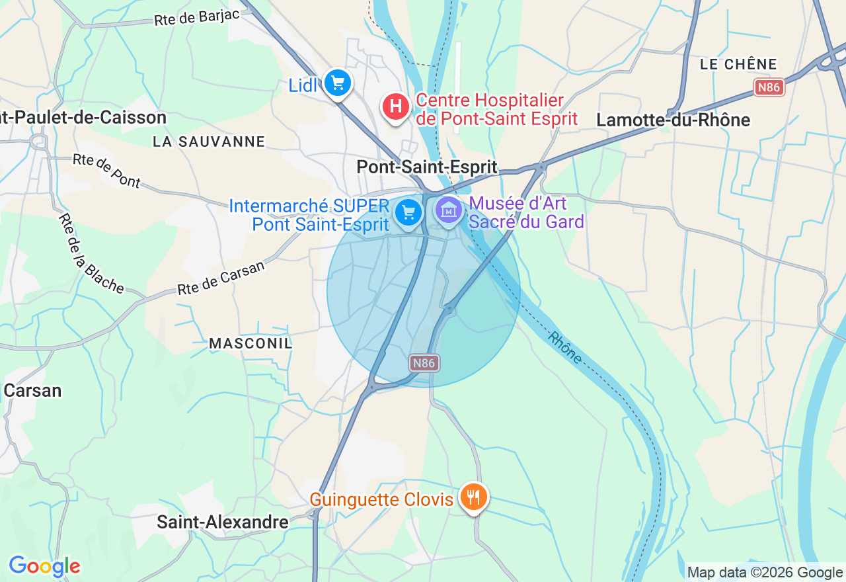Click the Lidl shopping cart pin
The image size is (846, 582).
pyautogui.click(x=338, y=83)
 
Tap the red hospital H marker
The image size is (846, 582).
pyautogui.click(x=395, y=106)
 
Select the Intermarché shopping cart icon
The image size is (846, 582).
pyautogui.click(x=408, y=212)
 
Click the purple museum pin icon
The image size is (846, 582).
pyautogui.click(x=449, y=210)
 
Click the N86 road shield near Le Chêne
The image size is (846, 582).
pyautogui.click(x=769, y=87)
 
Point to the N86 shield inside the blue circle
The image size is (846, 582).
pyautogui.click(x=424, y=362)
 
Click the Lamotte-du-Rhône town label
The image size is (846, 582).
pyautogui.click(x=673, y=120)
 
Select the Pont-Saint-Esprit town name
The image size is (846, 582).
pyautogui.click(x=426, y=167)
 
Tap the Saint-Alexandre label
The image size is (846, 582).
pyautogui.click(x=222, y=522)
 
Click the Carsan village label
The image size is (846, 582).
pyautogui.click(x=32, y=390)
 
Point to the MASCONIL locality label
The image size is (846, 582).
pyautogui.click(x=250, y=343)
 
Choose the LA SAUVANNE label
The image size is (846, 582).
pyautogui.click(x=209, y=142)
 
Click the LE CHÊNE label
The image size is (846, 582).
pyautogui.click(x=738, y=64)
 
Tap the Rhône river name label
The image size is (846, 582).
pyautogui.click(x=564, y=347)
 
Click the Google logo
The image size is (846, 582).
pyautogui.click(x=44, y=566)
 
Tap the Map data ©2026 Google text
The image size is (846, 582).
pyautogui.click(x=765, y=573)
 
